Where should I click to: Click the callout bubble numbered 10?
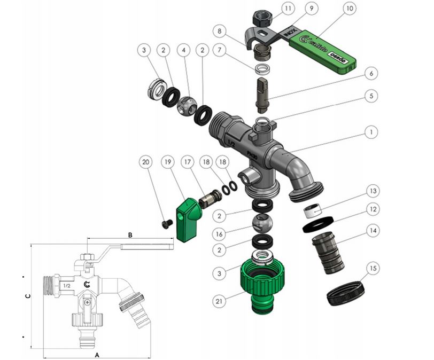(365, 10)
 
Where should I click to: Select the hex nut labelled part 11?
(262, 18)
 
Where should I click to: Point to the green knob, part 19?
(187, 219)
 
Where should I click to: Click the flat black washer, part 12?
(319, 224)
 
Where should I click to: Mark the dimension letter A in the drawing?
(97, 355)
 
